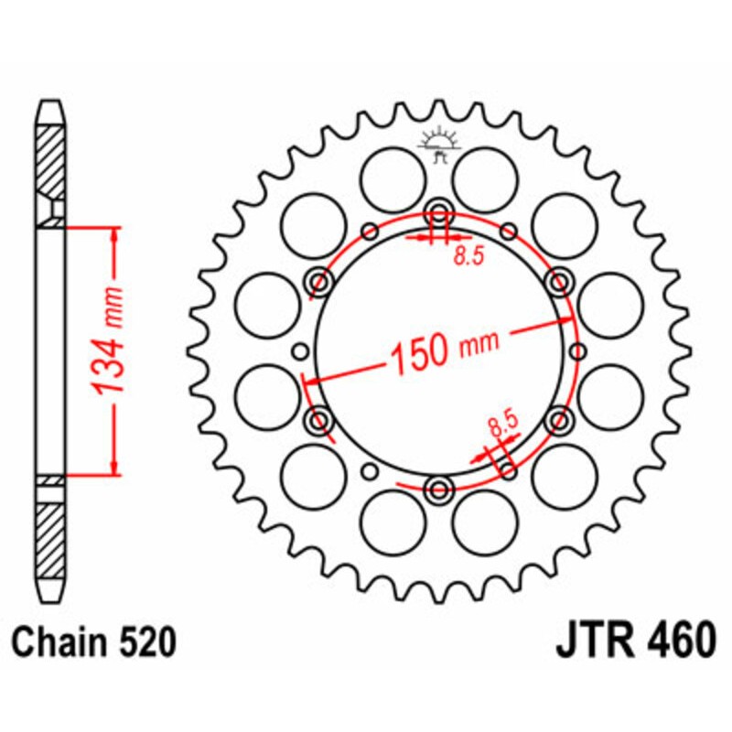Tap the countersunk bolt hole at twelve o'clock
click(438, 211)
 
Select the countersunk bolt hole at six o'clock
click(438, 488)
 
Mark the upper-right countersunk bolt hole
click(558, 280)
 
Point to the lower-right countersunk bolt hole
click(558, 420)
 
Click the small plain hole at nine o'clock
click(299, 350)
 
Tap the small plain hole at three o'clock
click(578, 350)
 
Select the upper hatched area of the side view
click(51, 160)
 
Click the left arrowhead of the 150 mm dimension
click(310, 379)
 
